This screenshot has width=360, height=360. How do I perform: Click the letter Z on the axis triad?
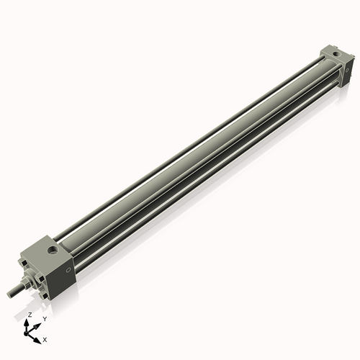pos(29,315)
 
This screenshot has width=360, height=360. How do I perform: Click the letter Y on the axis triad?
pos(44,318)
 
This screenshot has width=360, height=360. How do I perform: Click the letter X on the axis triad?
pos(45,338)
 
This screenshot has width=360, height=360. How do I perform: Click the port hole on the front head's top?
pos(53,251)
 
